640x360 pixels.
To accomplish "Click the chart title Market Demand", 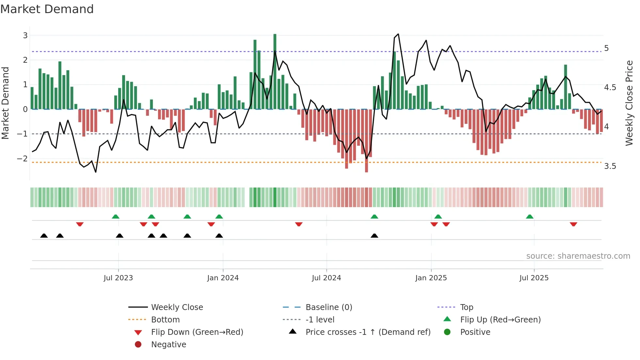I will [x=47, y=9].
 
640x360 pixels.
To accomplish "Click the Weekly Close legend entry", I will [x=177, y=307].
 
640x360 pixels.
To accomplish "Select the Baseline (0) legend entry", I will [x=328, y=307].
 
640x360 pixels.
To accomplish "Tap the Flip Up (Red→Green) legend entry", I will [x=500, y=319].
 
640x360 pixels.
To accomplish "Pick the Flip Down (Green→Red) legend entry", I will [x=197, y=332].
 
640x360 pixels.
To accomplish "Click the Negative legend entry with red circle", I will [x=168, y=344].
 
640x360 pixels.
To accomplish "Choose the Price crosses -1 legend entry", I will [x=368, y=332].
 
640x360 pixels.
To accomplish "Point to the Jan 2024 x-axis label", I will [x=223, y=278].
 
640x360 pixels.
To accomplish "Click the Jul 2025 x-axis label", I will [x=534, y=278].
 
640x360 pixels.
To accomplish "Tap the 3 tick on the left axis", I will [x=25, y=35].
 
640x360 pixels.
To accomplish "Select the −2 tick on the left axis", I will [x=23, y=158].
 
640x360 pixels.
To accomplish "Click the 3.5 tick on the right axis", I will [x=610, y=166].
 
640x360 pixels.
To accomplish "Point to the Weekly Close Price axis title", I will [x=629, y=103].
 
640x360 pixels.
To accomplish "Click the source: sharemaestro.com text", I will [x=578, y=256].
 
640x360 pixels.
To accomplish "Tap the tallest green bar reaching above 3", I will [x=275, y=65].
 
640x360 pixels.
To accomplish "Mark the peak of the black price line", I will [x=398, y=34].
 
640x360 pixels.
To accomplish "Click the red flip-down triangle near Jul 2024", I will [x=298, y=224].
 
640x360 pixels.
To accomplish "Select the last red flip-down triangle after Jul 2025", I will [x=573, y=224].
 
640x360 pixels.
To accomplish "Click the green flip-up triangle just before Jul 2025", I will [x=530, y=217].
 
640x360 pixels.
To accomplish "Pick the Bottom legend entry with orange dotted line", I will [x=165, y=319].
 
